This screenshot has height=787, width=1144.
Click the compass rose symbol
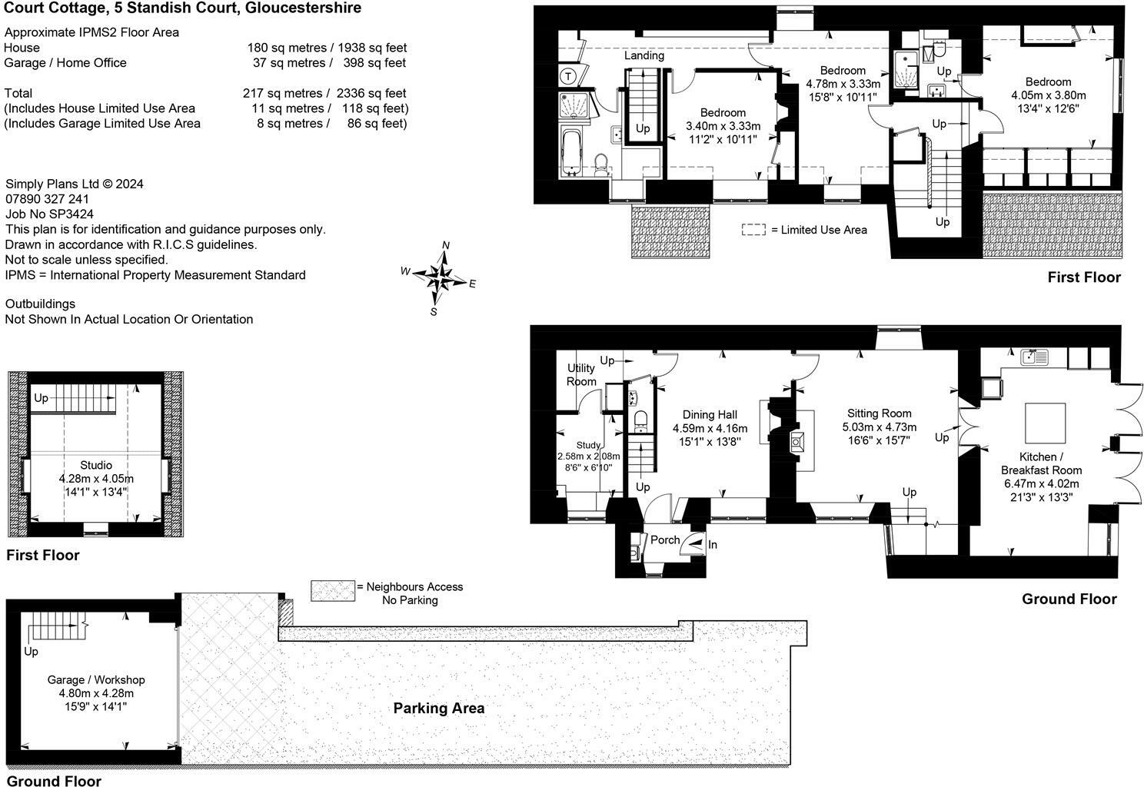439,278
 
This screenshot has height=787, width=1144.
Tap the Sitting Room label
879,413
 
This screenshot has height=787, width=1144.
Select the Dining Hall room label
710,415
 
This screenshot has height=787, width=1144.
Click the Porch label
665,540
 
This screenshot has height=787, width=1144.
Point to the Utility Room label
581,374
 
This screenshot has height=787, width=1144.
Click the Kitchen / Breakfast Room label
1041,463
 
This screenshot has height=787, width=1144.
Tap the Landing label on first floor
644,55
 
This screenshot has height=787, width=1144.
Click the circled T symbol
568,77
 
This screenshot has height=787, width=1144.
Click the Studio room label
96,465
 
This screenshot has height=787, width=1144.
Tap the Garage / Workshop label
96,680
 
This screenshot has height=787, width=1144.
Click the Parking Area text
439,709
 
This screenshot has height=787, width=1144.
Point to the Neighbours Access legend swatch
332,591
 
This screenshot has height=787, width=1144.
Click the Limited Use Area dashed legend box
753,230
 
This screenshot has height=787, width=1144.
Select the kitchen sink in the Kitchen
1034,357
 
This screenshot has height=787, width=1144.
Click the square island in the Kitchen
1045,423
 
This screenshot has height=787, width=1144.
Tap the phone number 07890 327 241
47,199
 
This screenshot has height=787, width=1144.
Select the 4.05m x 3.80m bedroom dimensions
1049,95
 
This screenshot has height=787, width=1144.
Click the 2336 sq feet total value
371,94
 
